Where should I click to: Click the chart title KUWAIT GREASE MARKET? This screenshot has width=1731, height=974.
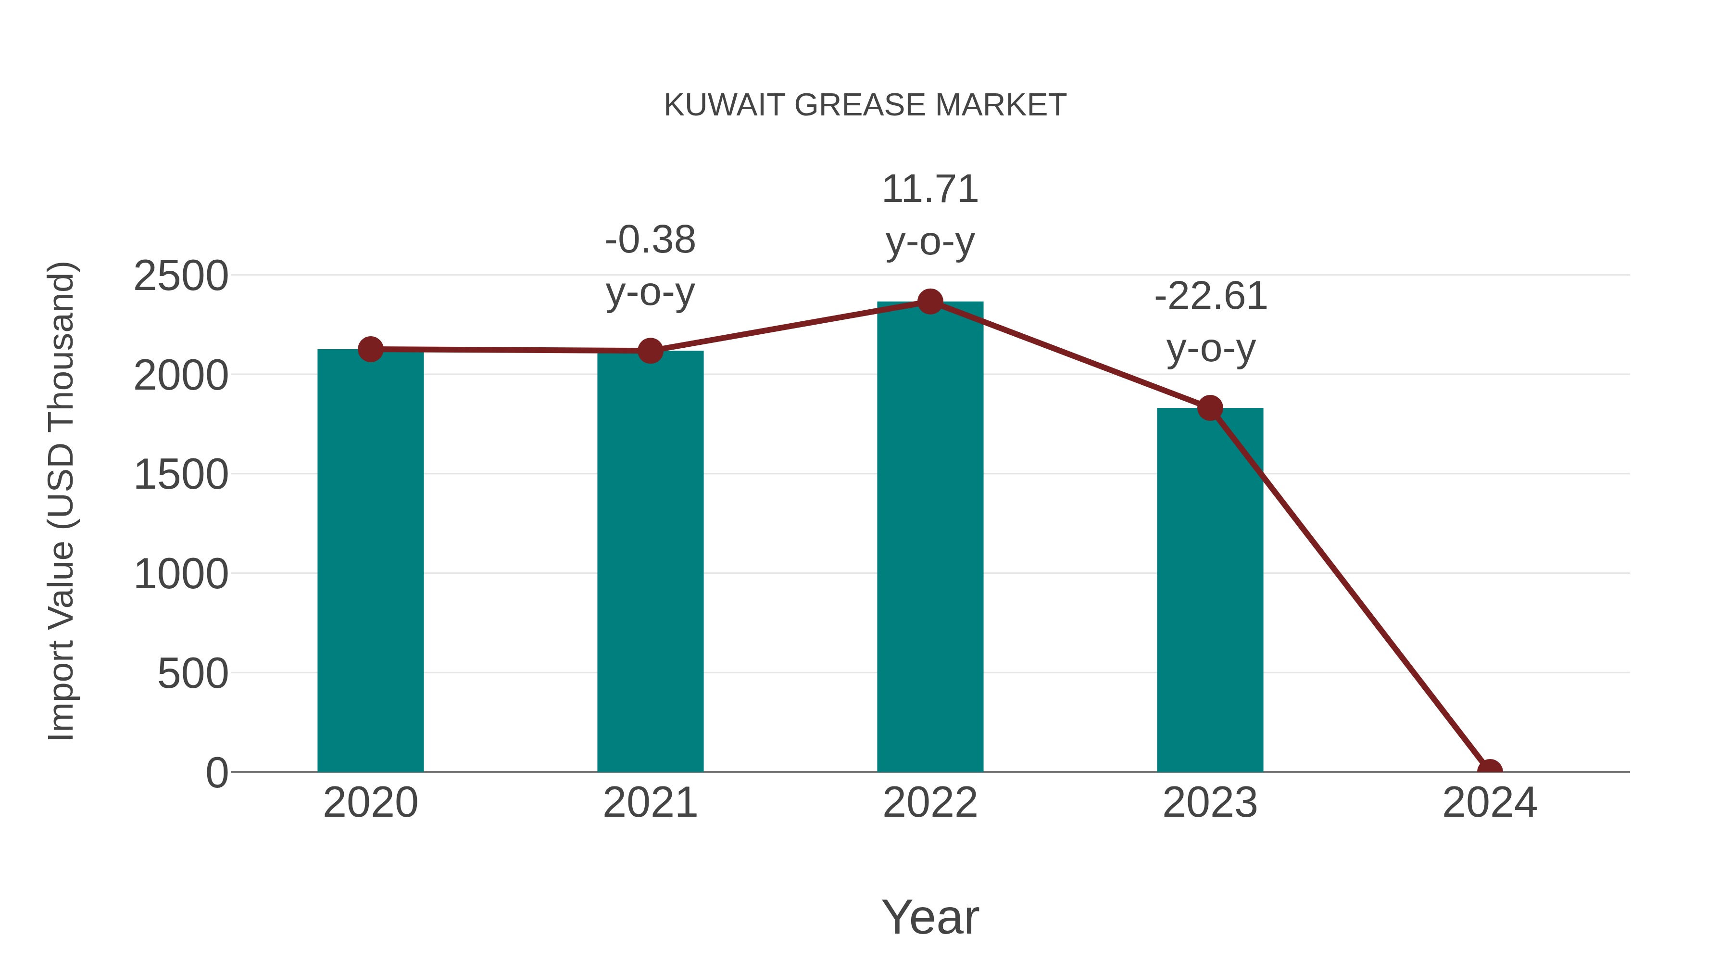tap(865, 105)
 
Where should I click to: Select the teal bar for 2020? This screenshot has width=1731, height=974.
tap(370, 561)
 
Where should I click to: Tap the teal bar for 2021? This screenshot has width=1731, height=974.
tap(650, 561)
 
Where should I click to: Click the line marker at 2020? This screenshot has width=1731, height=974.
tap(370, 350)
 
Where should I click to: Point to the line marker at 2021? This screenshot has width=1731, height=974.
tap(650, 351)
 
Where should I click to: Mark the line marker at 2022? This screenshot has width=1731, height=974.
tap(930, 302)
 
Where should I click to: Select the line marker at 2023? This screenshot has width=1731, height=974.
tap(1210, 408)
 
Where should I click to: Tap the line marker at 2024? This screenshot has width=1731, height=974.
tap(1490, 771)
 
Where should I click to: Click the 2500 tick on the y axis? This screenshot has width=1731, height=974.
tap(181, 276)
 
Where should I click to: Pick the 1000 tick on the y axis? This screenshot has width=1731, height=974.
tap(181, 575)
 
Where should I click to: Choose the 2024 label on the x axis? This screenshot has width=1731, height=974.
tap(1490, 803)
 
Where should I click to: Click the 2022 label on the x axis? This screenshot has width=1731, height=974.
tap(930, 803)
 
